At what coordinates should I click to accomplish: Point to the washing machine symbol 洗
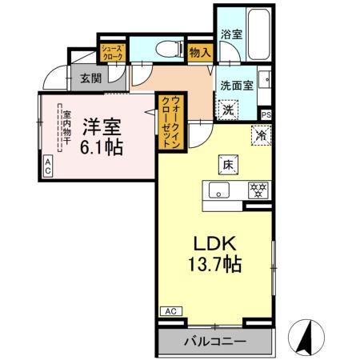pyautogui.click(x=228, y=108)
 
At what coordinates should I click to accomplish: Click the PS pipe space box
pyautogui.click(x=266, y=114)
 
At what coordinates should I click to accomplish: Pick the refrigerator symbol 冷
pyautogui.click(x=261, y=135)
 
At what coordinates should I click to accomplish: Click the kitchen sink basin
pyautogui.click(x=219, y=190)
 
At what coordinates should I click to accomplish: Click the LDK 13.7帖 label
pyautogui.click(x=212, y=252)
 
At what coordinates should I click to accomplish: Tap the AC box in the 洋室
pyautogui.click(x=47, y=166)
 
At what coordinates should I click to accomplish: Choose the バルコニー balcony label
pyautogui.click(x=215, y=342)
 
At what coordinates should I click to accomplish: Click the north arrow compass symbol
pyautogui.click(x=307, y=336)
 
